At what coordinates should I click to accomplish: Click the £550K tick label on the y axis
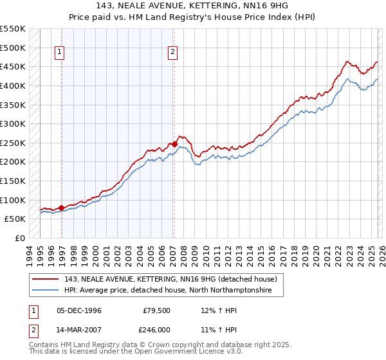(13, 29)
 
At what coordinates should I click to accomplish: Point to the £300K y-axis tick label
(13, 123)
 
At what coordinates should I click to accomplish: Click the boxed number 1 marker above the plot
(60, 53)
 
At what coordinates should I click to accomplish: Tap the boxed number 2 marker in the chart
(173, 53)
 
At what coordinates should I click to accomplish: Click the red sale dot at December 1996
(62, 208)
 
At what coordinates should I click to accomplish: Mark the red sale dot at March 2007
(174, 145)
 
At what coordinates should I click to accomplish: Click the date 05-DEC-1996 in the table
(79, 310)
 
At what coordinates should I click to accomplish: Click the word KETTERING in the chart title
(211, 6)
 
